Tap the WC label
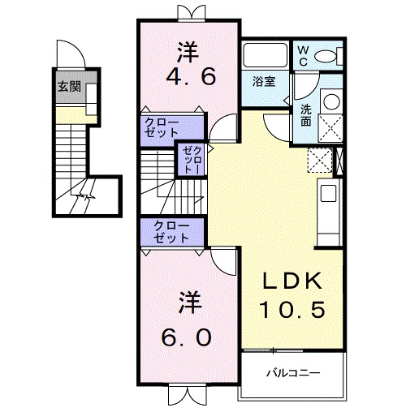[x=302, y=55]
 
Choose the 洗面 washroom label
[x=305, y=114]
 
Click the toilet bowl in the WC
[x=326, y=55]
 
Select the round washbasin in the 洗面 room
[x=330, y=101]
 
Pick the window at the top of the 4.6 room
[x=188, y=11]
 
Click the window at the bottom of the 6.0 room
[x=187, y=397]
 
